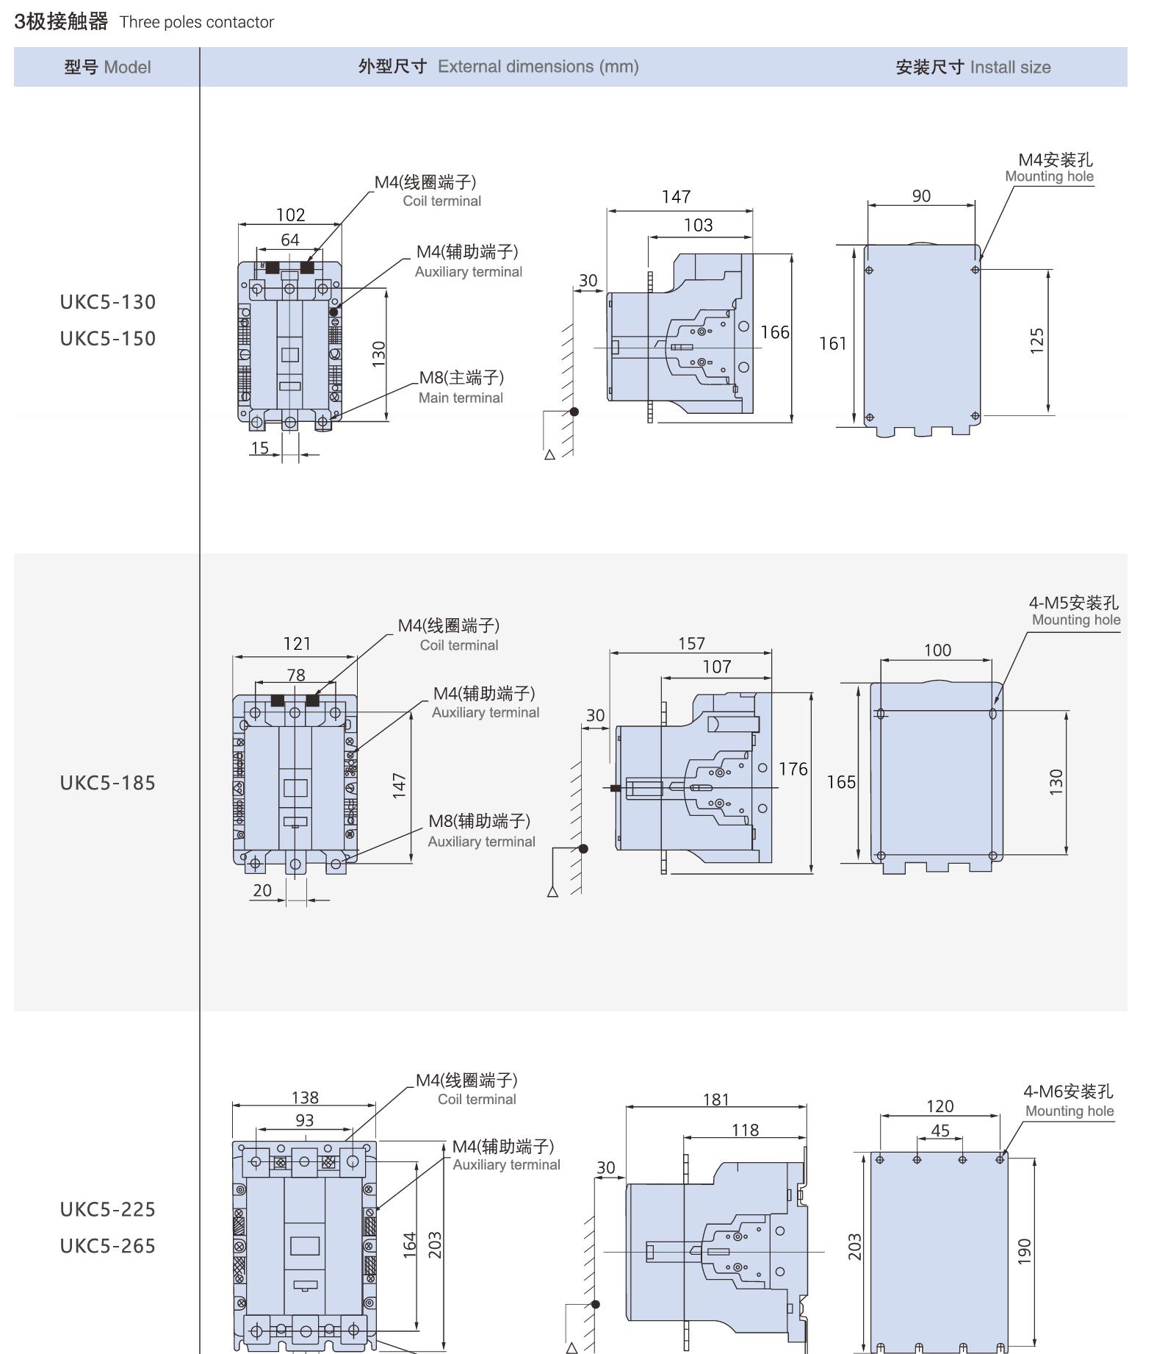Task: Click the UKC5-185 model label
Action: [108, 783]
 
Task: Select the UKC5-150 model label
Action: [108, 339]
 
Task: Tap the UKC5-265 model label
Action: [108, 1246]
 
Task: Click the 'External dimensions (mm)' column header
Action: [538, 67]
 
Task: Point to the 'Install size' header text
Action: [1010, 68]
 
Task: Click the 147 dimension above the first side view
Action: [676, 197]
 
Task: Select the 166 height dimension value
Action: [775, 332]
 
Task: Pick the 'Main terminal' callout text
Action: [461, 398]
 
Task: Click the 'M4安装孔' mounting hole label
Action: [1055, 160]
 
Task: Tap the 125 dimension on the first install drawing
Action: [1036, 341]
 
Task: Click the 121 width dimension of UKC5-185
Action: [297, 644]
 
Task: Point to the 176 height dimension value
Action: [793, 769]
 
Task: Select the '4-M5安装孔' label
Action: [1073, 603]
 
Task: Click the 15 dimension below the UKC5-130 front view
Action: [260, 448]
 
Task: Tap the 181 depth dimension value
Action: [716, 1100]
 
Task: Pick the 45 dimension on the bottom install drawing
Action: [940, 1131]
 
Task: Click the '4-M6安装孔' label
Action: [1068, 1092]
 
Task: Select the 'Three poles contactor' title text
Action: [197, 22]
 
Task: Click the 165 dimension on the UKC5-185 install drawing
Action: [841, 782]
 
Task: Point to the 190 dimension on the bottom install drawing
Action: [1025, 1251]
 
